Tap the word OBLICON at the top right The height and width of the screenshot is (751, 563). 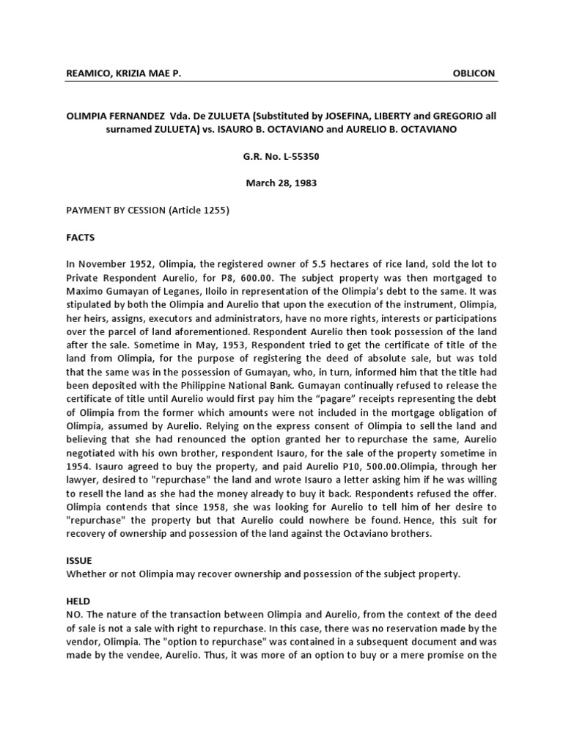coord(475,73)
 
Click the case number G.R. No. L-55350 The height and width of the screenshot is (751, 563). coord(281,156)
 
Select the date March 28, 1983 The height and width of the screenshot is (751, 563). coord(281,183)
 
